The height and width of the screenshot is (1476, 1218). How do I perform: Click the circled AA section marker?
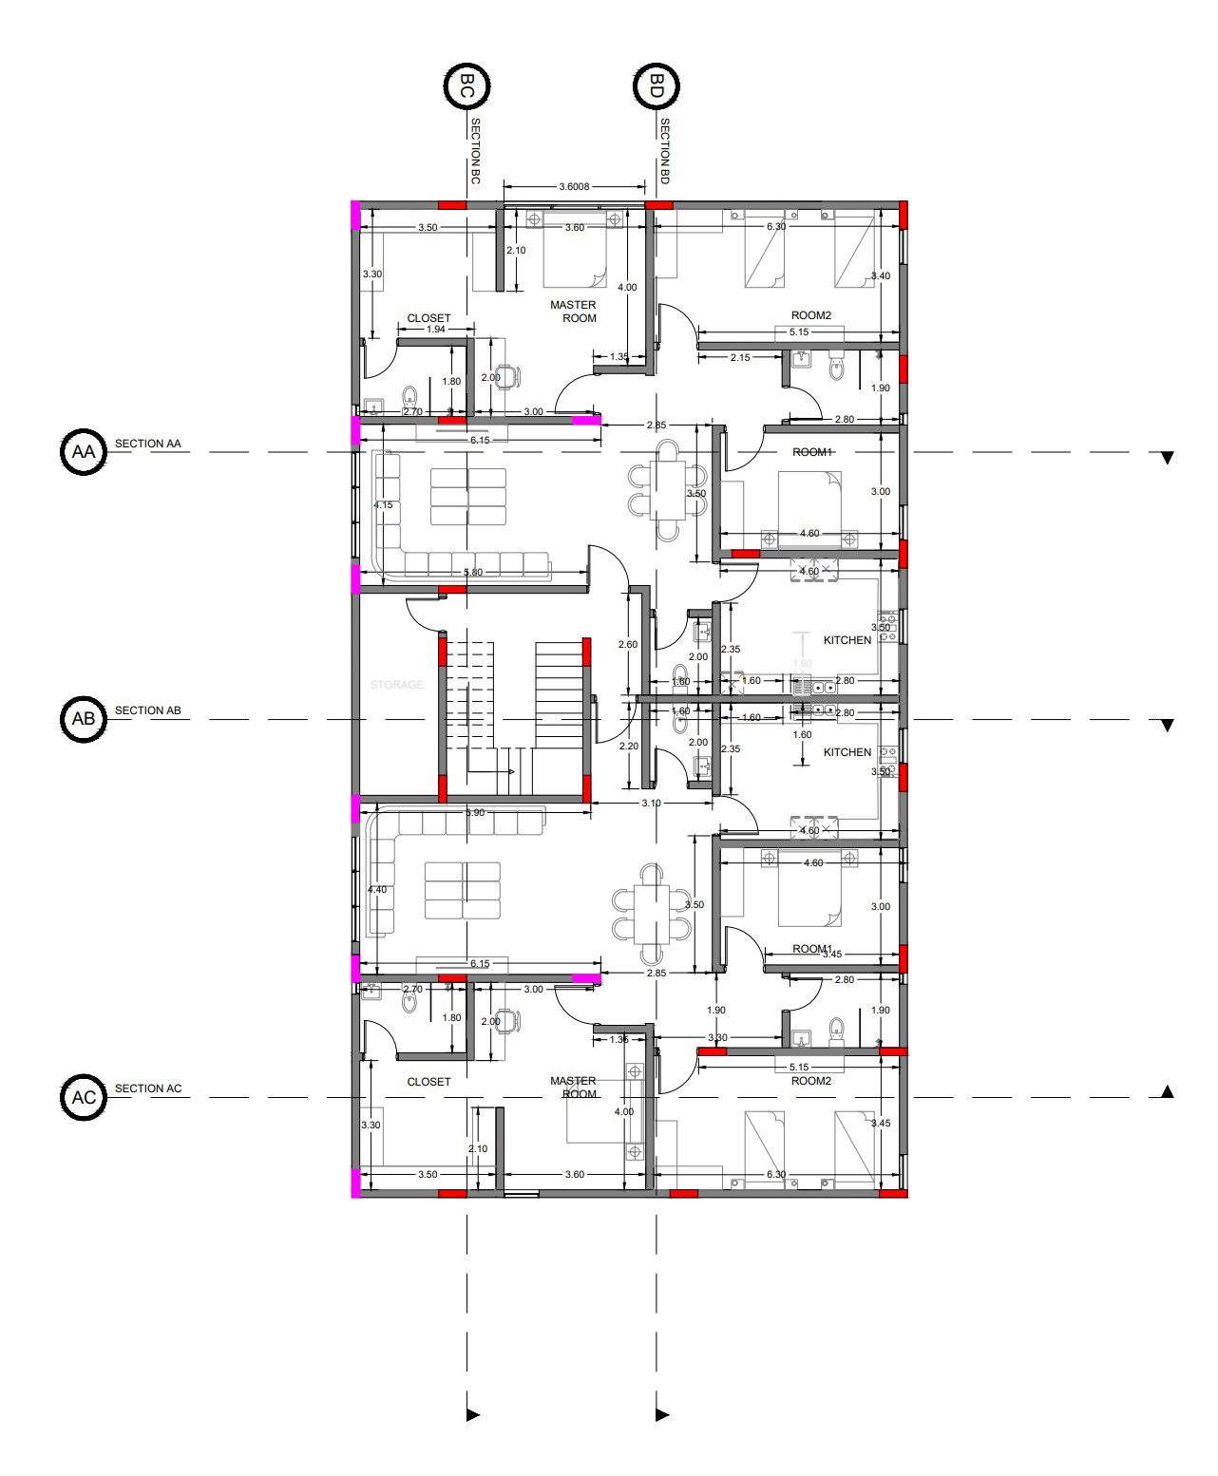click(84, 452)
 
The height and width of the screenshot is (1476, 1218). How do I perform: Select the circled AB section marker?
click(84, 718)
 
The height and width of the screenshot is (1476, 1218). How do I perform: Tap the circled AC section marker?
click(84, 1097)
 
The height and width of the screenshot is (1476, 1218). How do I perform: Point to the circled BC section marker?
click(466, 86)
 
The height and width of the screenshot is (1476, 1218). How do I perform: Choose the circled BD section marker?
click(656, 86)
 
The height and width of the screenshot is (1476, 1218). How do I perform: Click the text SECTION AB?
click(147, 710)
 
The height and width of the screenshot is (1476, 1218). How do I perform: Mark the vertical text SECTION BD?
click(665, 152)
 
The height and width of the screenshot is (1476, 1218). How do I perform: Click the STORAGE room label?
click(396, 685)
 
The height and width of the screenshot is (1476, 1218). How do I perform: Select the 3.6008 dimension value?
click(574, 186)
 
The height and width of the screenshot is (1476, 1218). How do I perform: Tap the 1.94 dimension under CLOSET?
click(435, 329)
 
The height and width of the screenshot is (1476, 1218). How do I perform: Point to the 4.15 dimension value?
click(383, 505)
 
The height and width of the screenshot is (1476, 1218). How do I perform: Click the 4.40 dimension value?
click(377, 890)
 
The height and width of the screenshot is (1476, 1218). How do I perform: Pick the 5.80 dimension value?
click(472, 572)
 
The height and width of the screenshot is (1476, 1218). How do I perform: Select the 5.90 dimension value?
click(474, 813)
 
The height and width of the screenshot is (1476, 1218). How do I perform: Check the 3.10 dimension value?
click(651, 803)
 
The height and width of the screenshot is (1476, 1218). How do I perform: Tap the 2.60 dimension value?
click(628, 644)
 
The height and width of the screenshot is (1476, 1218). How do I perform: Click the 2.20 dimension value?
click(628, 747)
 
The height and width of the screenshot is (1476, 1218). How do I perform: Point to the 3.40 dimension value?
click(881, 276)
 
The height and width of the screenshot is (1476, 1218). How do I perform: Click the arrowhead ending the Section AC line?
click(1168, 1091)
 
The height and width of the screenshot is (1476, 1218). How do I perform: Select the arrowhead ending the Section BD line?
click(662, 1415)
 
